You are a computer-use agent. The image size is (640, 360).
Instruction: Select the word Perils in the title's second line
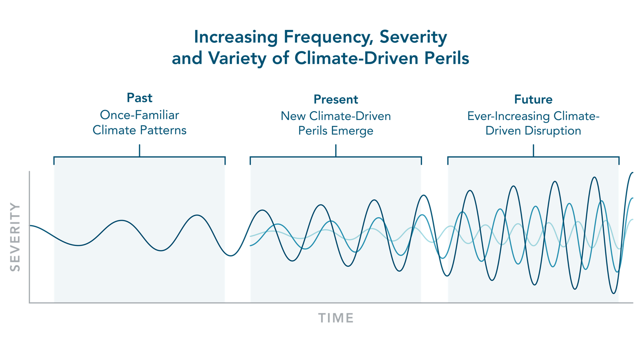pyautogui.click(x=446, y=58)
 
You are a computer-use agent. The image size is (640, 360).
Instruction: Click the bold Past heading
pyautogui.click(x=139, y=98)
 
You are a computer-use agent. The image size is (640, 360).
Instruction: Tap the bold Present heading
pyautogui.click(x=336, y=100)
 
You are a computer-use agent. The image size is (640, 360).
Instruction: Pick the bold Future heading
pyautogui.click(x=533, y=100)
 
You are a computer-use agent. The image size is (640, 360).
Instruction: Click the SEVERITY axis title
pyautogui.click(x=15, y=237)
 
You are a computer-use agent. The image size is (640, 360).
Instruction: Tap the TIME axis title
pyautogui.click(x=336, y=318)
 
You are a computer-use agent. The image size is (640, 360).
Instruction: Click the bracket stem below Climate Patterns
pyautogui.click(x=140, y=150)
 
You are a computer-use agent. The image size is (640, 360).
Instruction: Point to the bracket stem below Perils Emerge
pyautogui.click(x=336, y=150)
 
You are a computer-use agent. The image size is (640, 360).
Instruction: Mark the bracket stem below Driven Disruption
pyautogui.click(x=533, y=150)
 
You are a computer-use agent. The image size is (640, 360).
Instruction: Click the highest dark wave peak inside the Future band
pyautogui.click(x=595, y=178)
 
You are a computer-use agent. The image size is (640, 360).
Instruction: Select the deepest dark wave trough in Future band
pyautogui.click(x=614, y=293)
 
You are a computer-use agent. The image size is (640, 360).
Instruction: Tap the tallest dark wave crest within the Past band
pyautogui.click(x=197, y=216)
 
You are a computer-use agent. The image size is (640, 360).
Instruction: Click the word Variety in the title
pyautogui.click(x=237, y=58)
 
